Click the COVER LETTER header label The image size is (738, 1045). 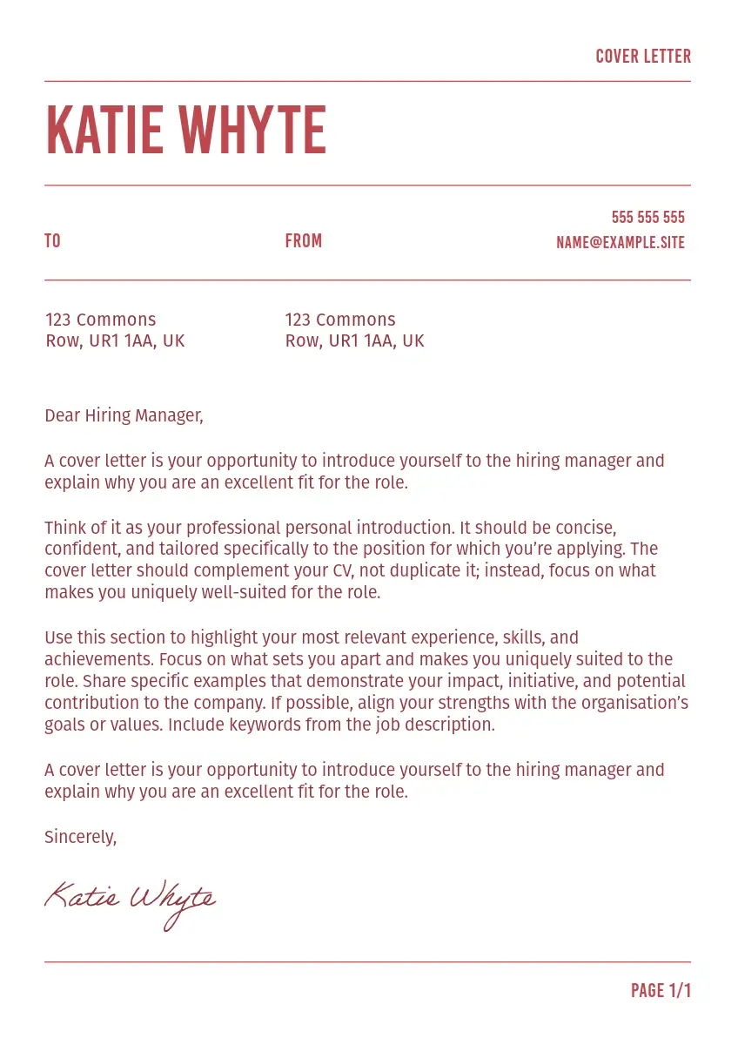(643, 57)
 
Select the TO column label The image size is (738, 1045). (52, 241)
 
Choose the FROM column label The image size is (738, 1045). (304, 241)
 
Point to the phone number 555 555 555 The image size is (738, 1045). (647, 218)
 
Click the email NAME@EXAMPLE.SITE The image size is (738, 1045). (621, 243)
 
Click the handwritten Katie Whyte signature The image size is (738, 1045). (131, 901)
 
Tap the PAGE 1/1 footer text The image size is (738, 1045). (661, 991)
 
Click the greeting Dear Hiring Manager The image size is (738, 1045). (124, 416)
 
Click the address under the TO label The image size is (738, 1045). (115, 330)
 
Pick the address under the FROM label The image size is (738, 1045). (354, 330)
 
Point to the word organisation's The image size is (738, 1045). (641, 703)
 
